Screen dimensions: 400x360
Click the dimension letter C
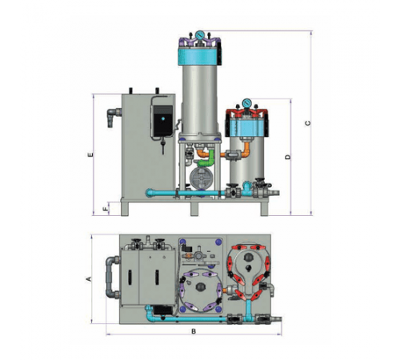tap(308, 123)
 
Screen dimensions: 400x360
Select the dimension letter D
tap(287, 158)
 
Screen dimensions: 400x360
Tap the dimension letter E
tap(90, 154)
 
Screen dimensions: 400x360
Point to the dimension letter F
tap(106, 209)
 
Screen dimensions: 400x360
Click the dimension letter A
tap(89, 279)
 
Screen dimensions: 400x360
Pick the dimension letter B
tap(194, 331)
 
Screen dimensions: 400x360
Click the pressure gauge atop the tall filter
tap(199, 35)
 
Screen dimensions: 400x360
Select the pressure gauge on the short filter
tap(247, 102)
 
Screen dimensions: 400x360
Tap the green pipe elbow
tap(206, 159)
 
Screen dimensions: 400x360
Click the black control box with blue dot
tap(163, 121)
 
